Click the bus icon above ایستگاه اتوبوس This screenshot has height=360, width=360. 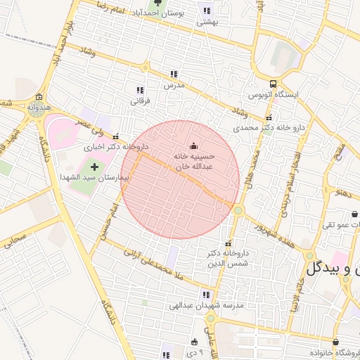(274, 83)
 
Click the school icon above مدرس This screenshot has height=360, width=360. (174, 74)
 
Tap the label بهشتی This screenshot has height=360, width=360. (207, 22)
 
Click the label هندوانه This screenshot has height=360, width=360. (38, 108)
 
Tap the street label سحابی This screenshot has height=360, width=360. (14, 242)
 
